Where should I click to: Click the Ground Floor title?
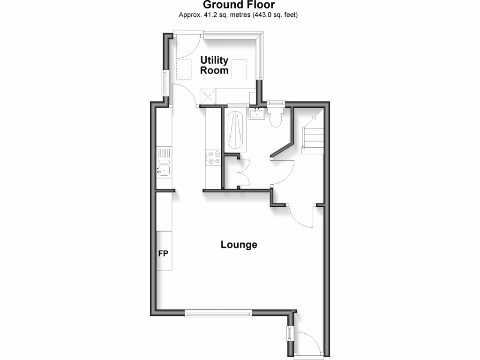click(239, 5)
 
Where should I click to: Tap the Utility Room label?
click(215, 65)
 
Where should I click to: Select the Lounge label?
click(239, 245)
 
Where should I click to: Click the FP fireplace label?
click(164, 254)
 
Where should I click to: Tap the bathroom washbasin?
click(256, 113)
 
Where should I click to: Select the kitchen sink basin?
click(163, 169)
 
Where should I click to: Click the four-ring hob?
click(214, 157)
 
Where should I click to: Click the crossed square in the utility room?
click(208, 97)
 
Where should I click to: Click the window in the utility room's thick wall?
click(165, 83)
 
